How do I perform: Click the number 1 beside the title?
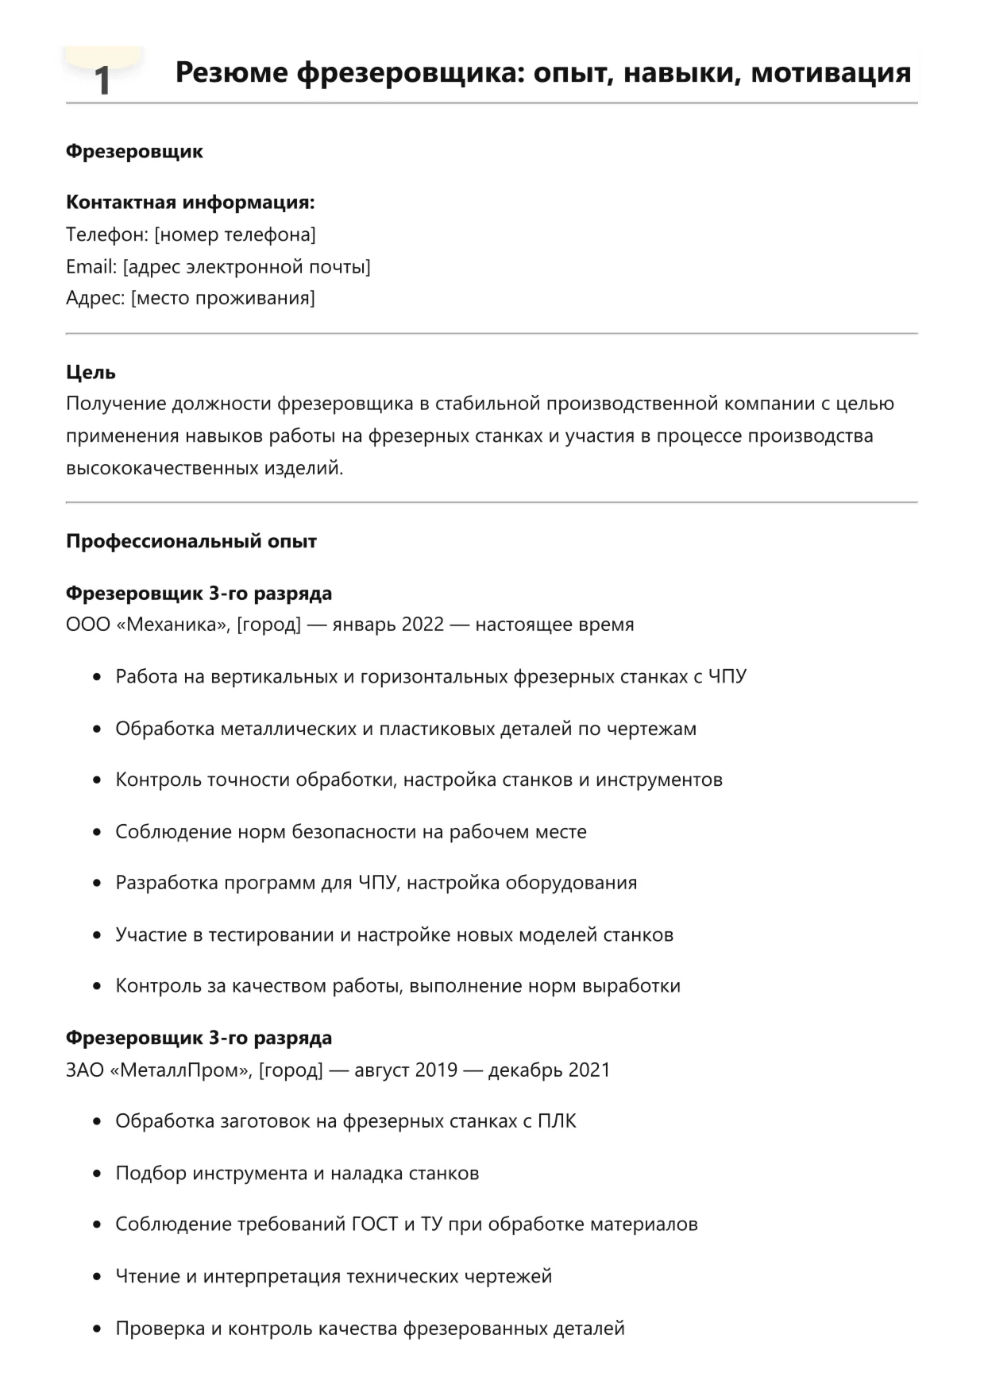(102, 80)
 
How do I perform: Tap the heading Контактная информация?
(190, 203)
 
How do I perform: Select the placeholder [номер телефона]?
(235, 235)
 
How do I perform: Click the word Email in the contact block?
(91, 267)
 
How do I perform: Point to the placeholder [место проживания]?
(223, 299)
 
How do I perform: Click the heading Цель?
(91, 373)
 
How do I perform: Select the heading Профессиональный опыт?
(191, 542)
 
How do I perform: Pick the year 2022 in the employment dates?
(423, 625)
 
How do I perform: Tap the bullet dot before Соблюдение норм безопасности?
(97, 833)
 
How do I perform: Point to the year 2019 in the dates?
(436, 1070)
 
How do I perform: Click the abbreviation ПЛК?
(557, 1121)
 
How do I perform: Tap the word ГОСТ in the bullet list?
(374, 1225)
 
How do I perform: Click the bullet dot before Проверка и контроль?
(97, 1329)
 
